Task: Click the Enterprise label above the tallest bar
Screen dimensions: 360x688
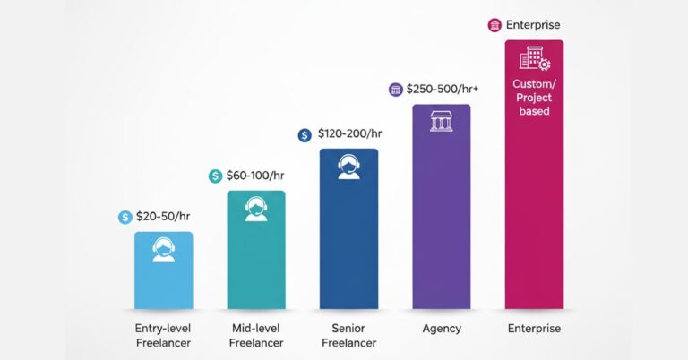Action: coord(535,25)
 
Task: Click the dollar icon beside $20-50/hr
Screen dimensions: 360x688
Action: coord(125,217)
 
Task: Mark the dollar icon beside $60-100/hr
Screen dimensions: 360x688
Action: coord(215,176)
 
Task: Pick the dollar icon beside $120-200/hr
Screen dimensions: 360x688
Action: coord(305,135)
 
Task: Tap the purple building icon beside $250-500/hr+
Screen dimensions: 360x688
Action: coord(395,90)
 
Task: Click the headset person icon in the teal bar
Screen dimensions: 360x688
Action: coord(255,209)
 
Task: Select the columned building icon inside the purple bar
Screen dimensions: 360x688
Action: coord(441,121)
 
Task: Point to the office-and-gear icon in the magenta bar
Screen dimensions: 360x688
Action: coord(534,59)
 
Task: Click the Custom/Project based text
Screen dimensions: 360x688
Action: coord(534,98)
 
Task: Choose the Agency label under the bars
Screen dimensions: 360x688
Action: coord(441,329)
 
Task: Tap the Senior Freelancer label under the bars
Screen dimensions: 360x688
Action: coord(348,335)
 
